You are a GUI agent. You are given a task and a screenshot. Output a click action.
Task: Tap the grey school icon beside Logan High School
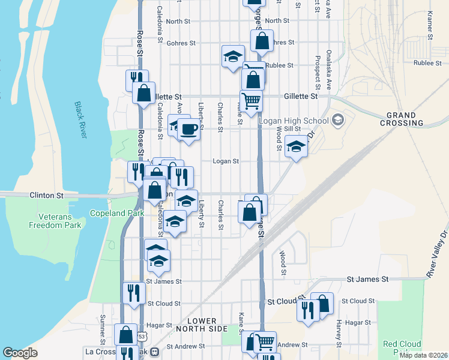tap(337, 120)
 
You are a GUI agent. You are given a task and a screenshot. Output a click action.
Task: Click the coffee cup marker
tap(189, 129)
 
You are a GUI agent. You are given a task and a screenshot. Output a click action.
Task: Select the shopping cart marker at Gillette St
tap(251, 100)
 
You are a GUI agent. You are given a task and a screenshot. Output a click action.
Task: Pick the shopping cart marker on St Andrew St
tap(265, 341)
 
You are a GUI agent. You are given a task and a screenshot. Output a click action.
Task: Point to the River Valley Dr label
tap(437, 254)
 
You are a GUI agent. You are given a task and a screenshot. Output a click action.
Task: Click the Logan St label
tap(226, 161)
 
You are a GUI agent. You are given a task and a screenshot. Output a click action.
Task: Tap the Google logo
tap(20, 353)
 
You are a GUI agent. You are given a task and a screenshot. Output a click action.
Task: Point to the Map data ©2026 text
tap(423, 355)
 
